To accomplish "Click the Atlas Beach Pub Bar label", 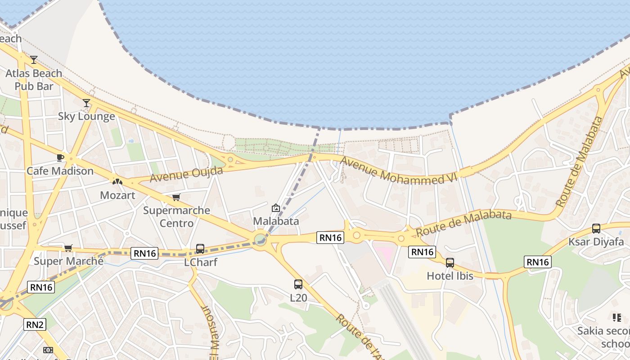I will (x=34, y=80).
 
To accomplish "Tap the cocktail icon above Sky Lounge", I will (x=86, y=103).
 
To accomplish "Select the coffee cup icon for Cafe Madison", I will (x=60, y=157).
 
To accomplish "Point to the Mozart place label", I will (x=117, y=195).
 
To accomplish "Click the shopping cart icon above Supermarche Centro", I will (x=176, y=197).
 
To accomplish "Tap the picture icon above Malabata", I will (x=276, y=208).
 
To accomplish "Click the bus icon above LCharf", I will (x=200, y=249).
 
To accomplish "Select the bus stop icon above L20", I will (x=298, y=284).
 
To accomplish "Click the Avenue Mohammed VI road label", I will (x=398, y=171).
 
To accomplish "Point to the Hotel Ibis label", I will (x=450, y=276).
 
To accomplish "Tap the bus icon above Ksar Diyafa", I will (x=596, y=229).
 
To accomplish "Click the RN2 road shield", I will (x=35, y=324).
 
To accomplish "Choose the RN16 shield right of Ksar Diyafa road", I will (x=538, y=261).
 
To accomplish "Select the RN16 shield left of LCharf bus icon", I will (x=145, y=253).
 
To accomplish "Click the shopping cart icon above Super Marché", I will (x=68, y=248).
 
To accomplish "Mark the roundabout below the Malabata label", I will (x=260, y=238).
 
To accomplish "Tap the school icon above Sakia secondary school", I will (x=616, y=318).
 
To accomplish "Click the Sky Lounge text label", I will (x=86, y=117).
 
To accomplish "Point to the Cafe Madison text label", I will (x=60, y=171).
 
